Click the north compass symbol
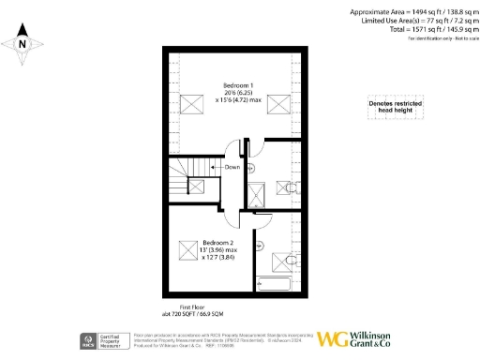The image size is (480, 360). tap(22, 42)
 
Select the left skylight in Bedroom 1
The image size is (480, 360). tap(193, 102)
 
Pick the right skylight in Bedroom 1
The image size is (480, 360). tap(278, 102)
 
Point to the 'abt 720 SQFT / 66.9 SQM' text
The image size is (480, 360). tap(192, 313)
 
